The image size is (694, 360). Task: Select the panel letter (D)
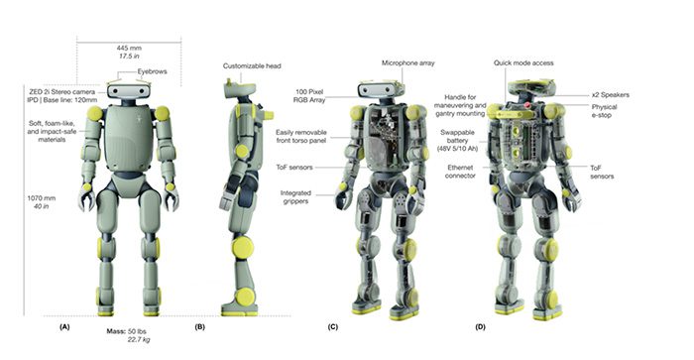481,324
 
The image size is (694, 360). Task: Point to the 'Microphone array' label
406,62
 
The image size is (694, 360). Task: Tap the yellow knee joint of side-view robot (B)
238,248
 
